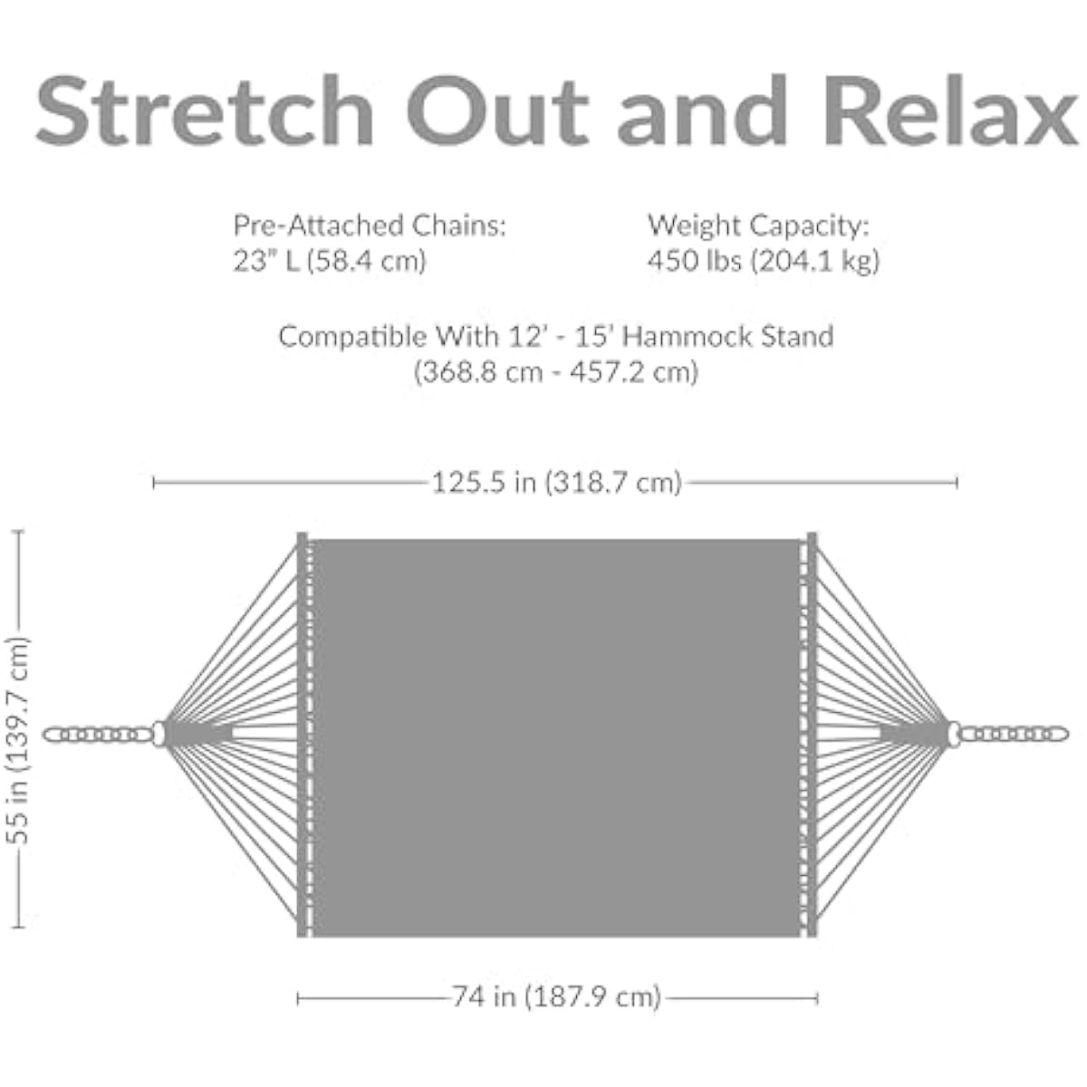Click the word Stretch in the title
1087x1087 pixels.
(204, 110)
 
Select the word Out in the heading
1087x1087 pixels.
(497, 110)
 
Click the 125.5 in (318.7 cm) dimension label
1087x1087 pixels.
(556, 483)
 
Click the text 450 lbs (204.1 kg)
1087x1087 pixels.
(764, 261)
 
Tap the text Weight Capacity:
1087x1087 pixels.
(759, 226)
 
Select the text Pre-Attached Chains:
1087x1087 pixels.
(370, 226)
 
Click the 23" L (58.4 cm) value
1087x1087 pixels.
(330, 261)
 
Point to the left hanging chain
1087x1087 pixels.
(98, 735)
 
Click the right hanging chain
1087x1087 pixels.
(1014, 735)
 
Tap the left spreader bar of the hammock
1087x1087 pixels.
(303, 735)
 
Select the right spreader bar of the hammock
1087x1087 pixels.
(812, 735)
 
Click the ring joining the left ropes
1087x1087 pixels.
(159, 735)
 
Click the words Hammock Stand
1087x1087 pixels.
(728, 337)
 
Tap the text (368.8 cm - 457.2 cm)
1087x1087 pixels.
(556, 372)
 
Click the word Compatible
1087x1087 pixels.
(353, 337)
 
